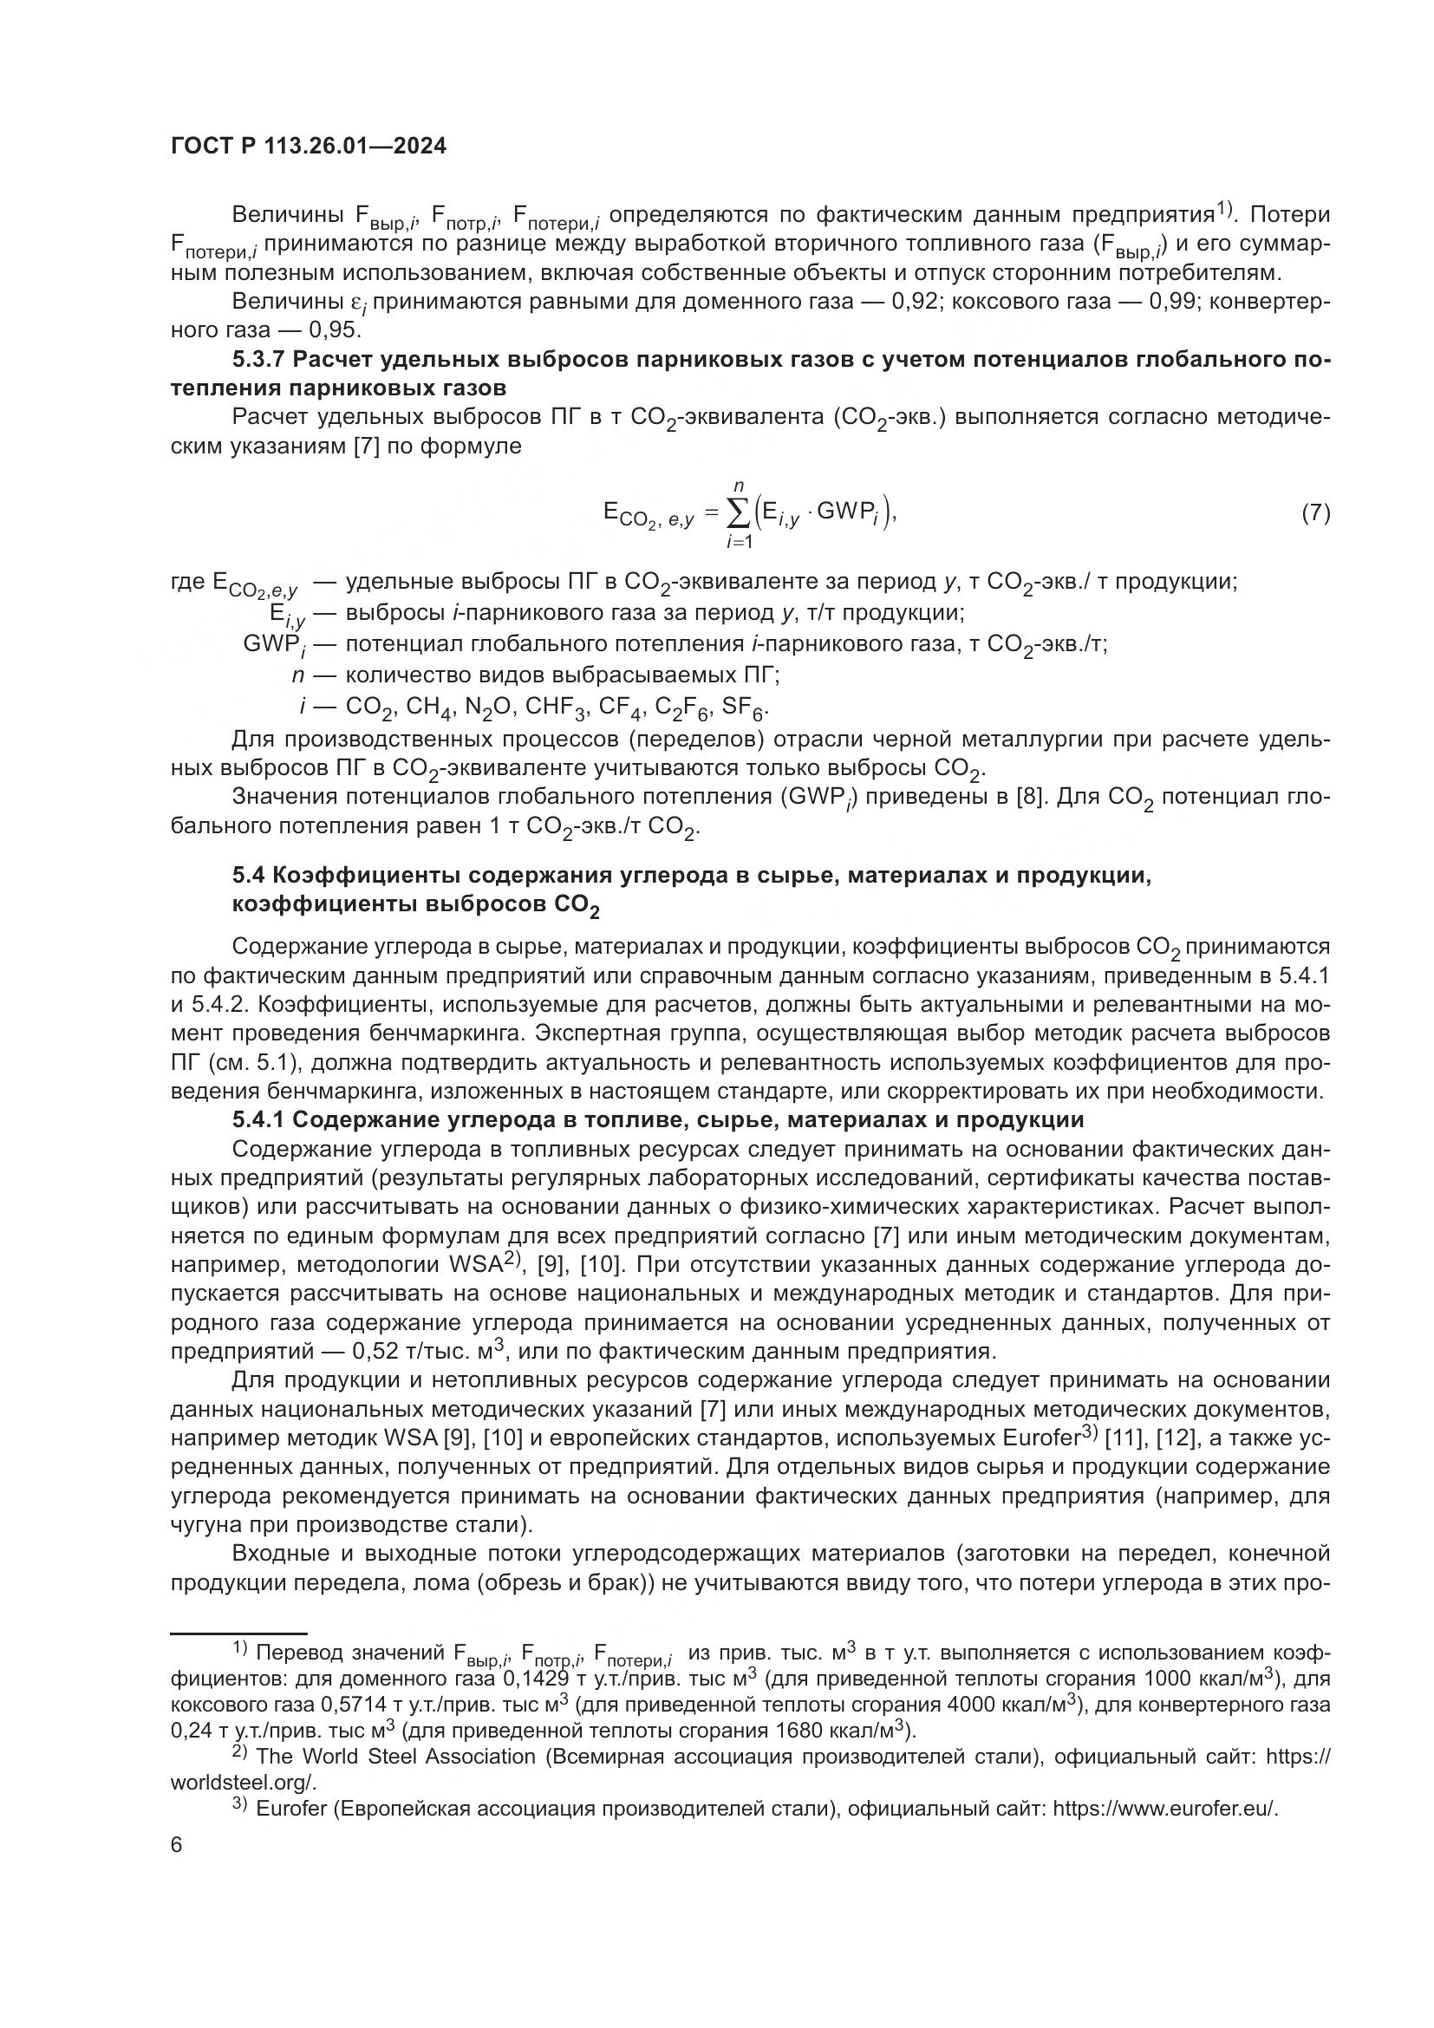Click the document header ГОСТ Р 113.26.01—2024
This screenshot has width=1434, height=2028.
click(x=308, y=147)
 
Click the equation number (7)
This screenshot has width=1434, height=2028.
click(x=1315, y=513)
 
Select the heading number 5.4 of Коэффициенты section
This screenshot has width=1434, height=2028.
click(x=249, y=876)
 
